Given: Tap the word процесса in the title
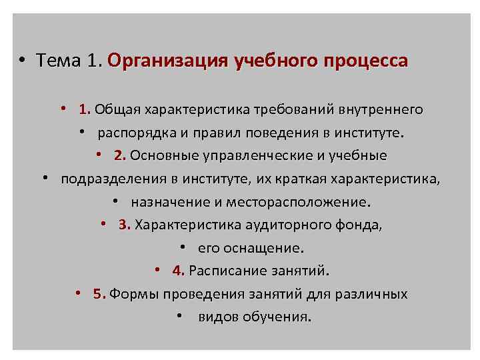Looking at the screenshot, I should point(365,62).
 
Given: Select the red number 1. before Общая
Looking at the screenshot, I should point(84,109).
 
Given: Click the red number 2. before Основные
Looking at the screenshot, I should point(120,156).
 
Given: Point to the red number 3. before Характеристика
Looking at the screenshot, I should point(124,225).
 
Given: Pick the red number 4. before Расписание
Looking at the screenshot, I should point(178,271).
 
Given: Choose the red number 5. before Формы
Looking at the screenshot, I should point(99,294).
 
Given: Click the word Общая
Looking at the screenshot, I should point(114,109).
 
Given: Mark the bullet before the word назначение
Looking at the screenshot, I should point(116,201).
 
